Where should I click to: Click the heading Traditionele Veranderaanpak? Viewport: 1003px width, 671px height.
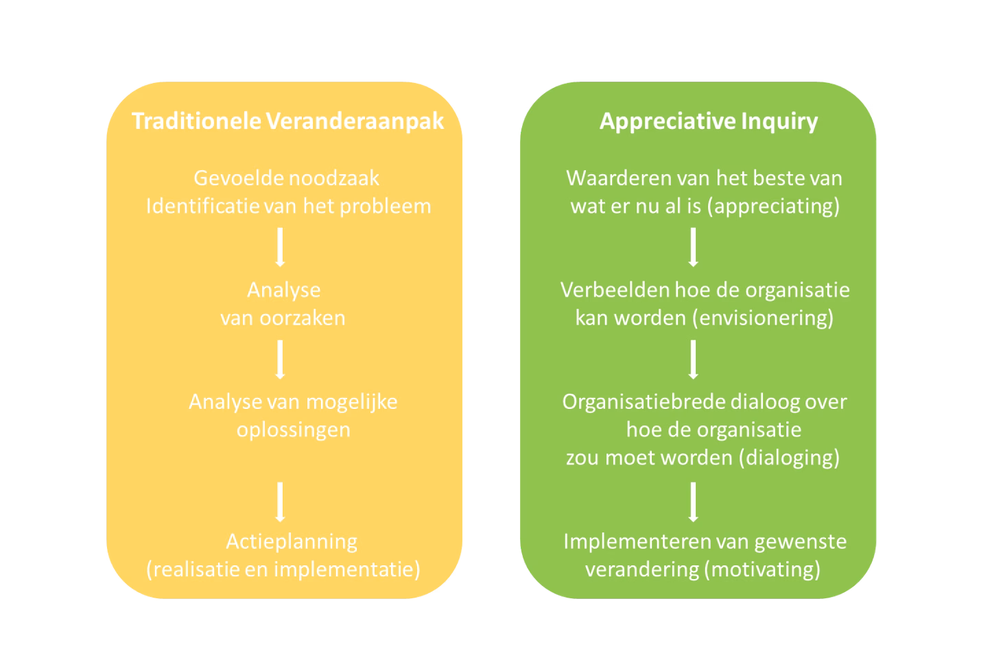(287, 121)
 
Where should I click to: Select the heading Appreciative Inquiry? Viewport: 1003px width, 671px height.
(709, 121)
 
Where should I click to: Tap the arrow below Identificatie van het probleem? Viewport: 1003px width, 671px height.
(280, 247)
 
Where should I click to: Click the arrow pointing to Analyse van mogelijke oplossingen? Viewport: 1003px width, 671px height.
(280, 360)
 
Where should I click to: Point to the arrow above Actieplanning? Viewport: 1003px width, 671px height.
(280, 502)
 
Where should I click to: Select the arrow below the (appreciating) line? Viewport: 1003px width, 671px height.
(694, 247)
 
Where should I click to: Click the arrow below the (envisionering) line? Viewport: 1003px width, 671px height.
(694, 360)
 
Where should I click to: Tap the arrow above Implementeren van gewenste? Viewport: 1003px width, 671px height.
(694, 502)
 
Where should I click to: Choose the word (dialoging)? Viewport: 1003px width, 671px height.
(788, 458)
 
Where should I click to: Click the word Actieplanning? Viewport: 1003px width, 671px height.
(292, 542)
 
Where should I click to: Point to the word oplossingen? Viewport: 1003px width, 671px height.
(294, 430)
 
